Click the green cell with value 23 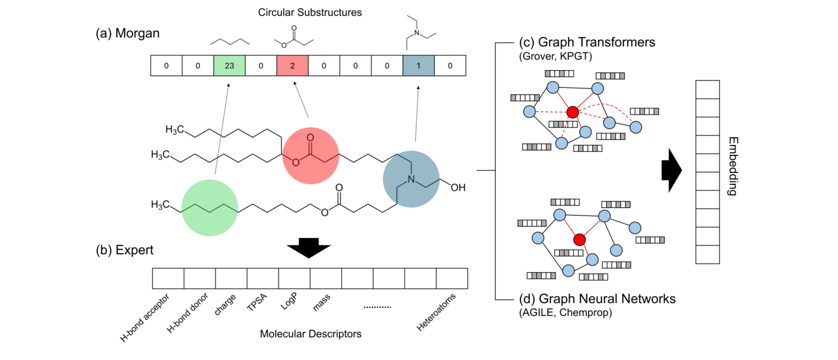(x=229, y=66)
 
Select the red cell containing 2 (x=292, y=66)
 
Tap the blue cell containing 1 (x=418, y=66)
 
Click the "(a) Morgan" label (x=127, y=34)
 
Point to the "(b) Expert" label (x=124, y=250)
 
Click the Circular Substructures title (x=309, y=12)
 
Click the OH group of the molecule (x=457, y=188)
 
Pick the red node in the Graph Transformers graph (x=571, y=112)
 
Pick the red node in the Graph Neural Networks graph (x=579, y=239)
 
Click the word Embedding (x=733, y=166)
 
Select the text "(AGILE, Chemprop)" (x=566, y=313)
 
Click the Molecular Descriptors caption (x=310, y=334)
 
